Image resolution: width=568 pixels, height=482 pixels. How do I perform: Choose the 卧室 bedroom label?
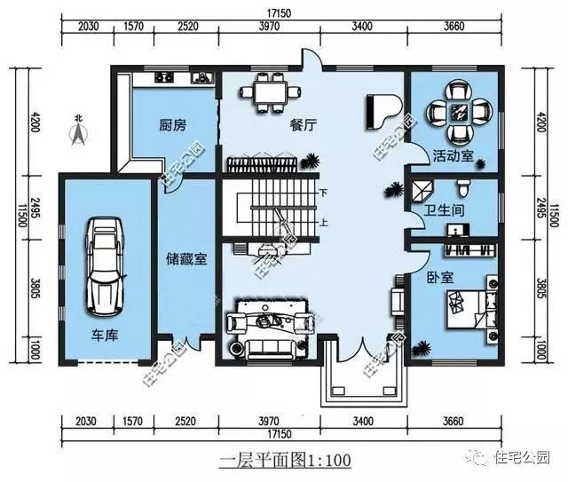(441, 277)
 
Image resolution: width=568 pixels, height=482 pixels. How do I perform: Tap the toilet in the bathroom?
(461, 187)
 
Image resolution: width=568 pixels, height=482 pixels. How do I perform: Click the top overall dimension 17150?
(283, 12)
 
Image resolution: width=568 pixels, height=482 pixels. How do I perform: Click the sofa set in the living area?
(265, 325)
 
